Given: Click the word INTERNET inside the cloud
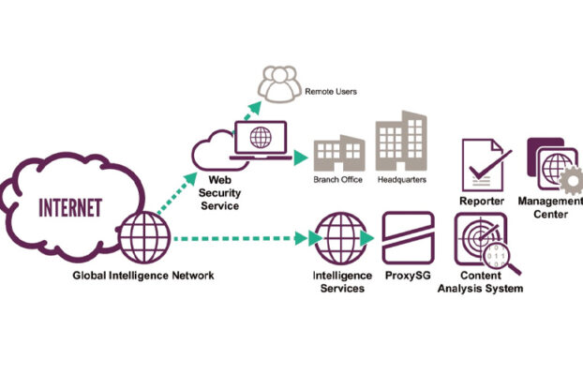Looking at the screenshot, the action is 70,207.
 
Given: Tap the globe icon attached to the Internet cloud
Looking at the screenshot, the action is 144,237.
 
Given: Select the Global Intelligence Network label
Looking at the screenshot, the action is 143,276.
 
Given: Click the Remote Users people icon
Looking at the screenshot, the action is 279,84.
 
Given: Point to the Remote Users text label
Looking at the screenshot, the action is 331,92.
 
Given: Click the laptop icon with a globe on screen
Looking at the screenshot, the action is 261,141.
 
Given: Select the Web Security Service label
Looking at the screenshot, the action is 219,193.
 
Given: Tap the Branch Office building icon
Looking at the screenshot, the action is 339,153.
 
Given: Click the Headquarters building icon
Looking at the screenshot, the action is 401,141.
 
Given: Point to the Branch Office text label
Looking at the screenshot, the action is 338,180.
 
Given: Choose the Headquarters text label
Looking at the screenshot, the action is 402,180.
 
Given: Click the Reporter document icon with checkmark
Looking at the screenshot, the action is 486,165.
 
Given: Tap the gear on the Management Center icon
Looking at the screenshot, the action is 571,181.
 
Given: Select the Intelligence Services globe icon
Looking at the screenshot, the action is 341,238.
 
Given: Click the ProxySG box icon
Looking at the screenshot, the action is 409,238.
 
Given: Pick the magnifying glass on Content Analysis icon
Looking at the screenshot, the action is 501,259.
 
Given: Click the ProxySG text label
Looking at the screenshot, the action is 408,276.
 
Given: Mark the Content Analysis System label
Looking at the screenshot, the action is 481,282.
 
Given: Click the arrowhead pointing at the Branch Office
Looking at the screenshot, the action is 301,157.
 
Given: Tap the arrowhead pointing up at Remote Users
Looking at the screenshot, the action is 255,108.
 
